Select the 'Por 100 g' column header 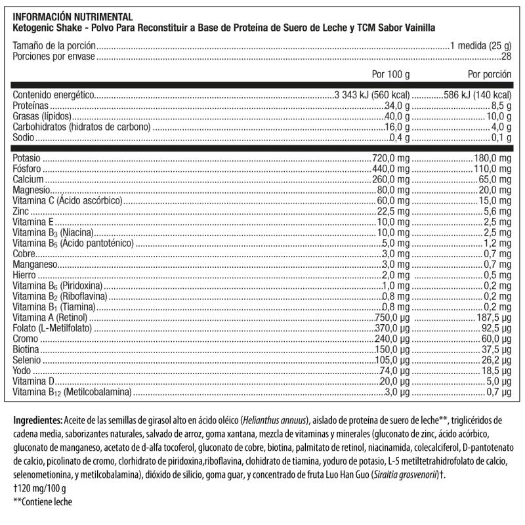tap(390, 74)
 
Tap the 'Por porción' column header tap(490, 74)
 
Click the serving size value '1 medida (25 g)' tap(480, 47)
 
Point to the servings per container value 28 tap(506, 56)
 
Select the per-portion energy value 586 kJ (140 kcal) tap(472, 94)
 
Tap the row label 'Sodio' tap(25, 138)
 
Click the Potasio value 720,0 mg tap(390, 159)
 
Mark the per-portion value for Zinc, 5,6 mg tap(497, 211)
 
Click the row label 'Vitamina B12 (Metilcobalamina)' tap(73, 392)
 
